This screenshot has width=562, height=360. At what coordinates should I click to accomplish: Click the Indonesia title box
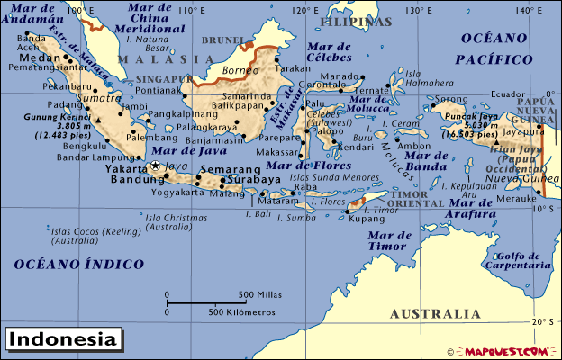(63, 340)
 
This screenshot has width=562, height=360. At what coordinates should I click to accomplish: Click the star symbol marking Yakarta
(155, 166)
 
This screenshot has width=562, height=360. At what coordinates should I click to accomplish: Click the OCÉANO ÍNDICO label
(78, 264)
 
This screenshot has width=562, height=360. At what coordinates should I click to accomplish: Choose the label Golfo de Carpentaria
(517, 260)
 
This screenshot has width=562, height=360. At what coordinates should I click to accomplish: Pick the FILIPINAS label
(358, 21)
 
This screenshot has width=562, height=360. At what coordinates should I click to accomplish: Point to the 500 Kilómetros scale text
(241, 311)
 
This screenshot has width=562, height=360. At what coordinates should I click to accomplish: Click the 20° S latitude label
(543, 321)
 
